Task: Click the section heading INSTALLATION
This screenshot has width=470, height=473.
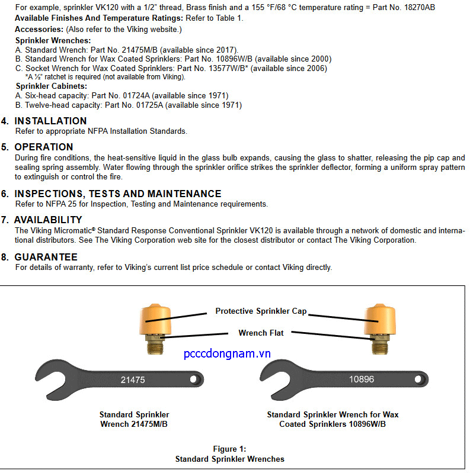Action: coord(50,121)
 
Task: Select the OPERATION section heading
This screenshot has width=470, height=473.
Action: coord(44,147)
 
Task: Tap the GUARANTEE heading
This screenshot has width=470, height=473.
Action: coord(46,257)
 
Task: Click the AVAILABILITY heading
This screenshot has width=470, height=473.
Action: coord(48,220)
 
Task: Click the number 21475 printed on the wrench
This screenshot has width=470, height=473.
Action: coord(133,380)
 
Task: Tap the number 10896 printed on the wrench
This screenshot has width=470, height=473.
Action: coord(361,379)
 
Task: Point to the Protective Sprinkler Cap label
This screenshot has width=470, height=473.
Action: coord(261,311)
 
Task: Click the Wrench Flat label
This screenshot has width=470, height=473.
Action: coord(261,333)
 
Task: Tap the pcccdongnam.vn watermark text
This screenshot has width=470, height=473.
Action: coord(227,353)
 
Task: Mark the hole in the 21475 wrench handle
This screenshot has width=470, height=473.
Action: coord(193,379)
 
